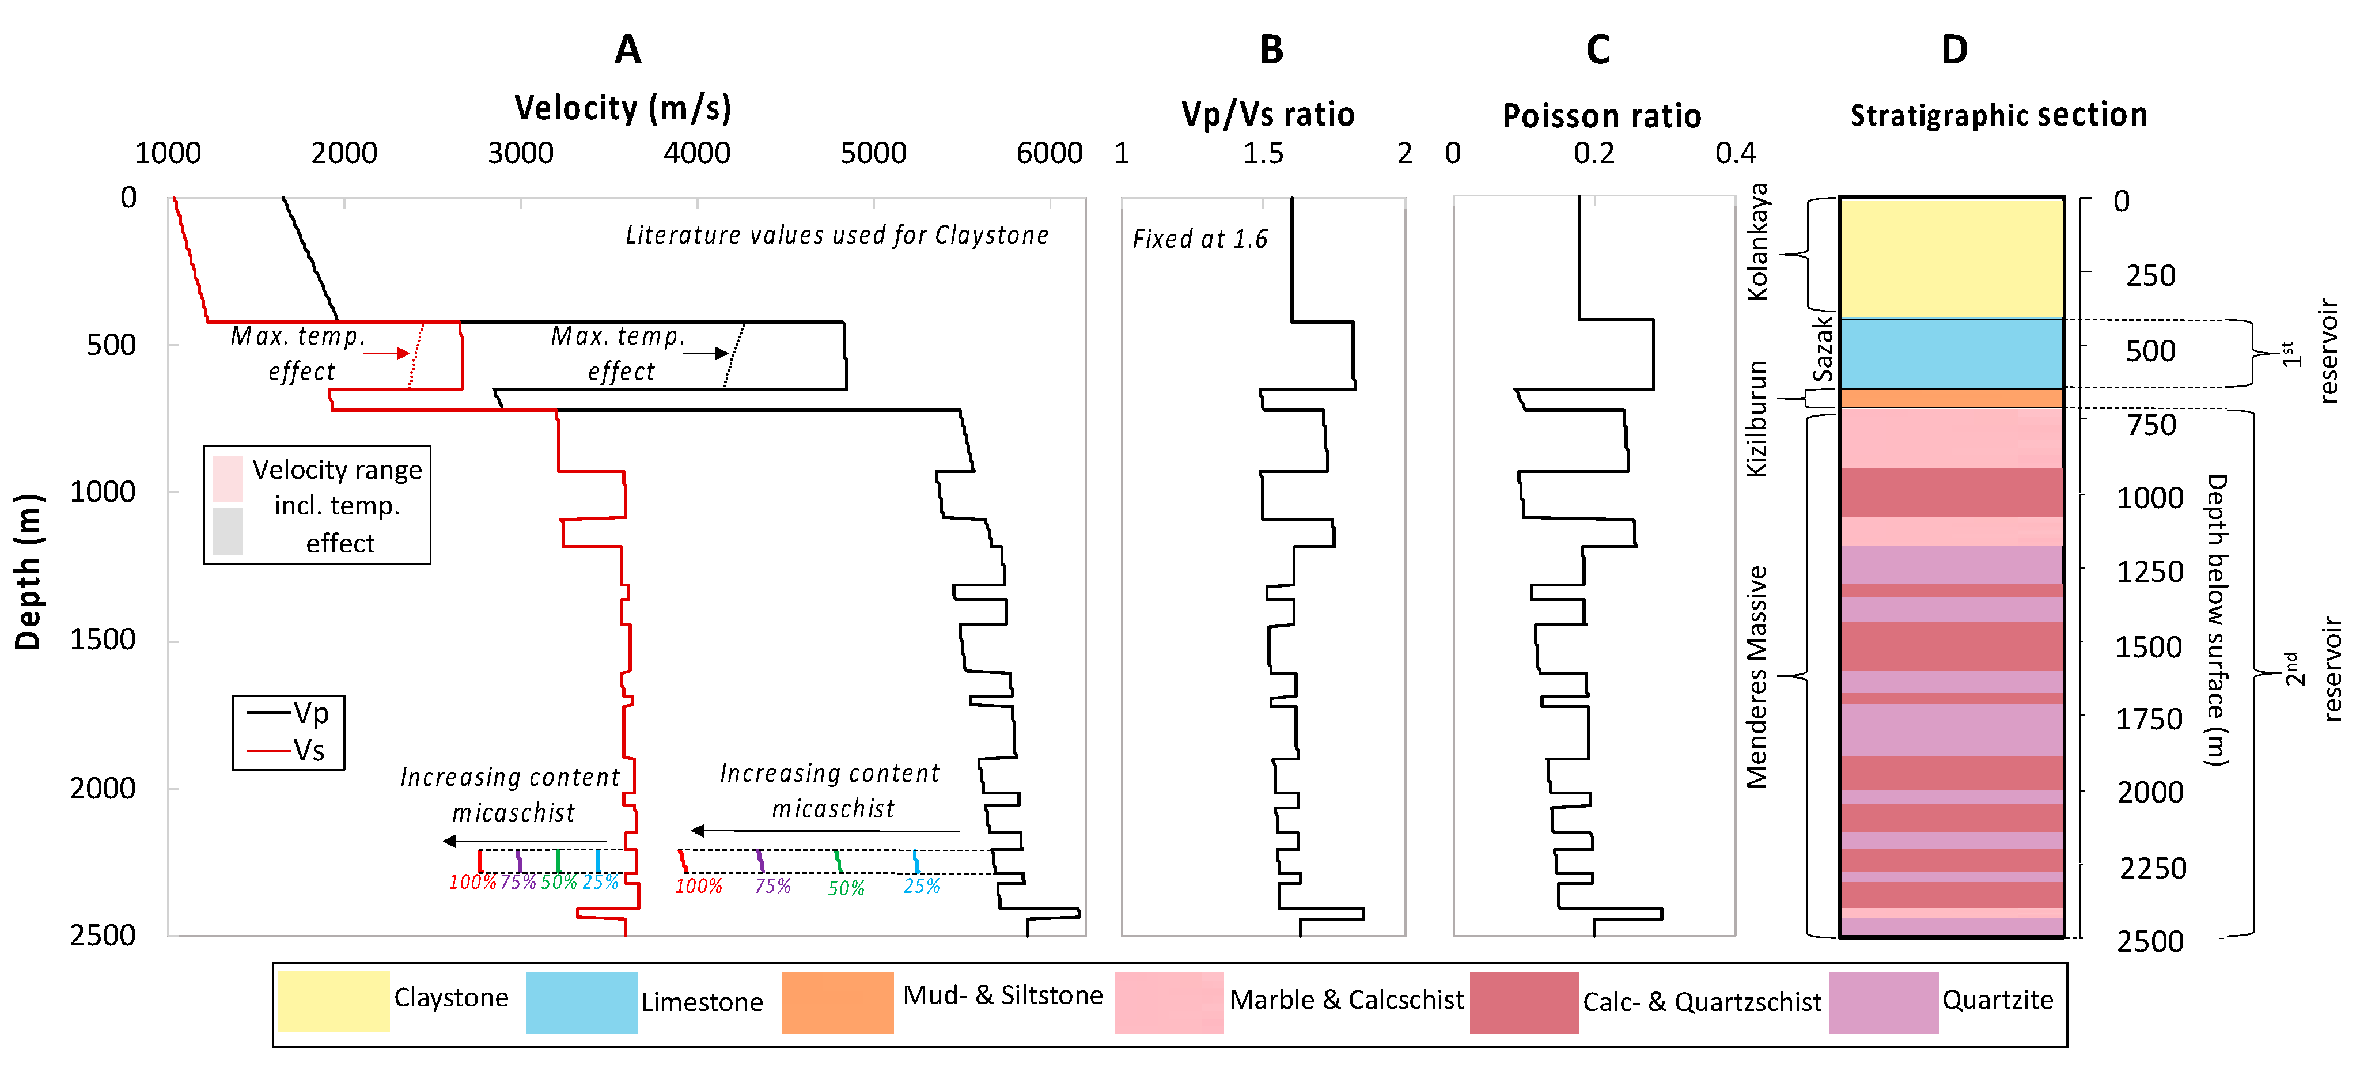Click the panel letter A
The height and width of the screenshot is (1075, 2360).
[x=627, y=50]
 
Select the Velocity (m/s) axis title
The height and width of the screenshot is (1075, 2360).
[x=623, y=108]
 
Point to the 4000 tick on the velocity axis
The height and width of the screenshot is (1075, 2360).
[x=696, y=153]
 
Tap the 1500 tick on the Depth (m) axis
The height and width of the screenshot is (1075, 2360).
[x=103, y=639]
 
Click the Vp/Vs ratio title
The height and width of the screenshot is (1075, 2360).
[x=1267, y=115]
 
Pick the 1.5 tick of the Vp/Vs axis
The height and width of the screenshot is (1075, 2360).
[x=1263, y=153]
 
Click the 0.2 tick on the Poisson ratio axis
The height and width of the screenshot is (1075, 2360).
[x=1593, y=153]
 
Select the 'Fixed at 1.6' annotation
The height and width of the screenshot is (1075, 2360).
[x=1199, y=239]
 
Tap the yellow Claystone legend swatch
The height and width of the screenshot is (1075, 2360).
[x=334, y=1001]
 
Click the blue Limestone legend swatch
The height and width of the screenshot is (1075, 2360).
[x=581, y=1002]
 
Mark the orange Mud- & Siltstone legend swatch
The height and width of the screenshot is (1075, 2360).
[x=838, y=1002]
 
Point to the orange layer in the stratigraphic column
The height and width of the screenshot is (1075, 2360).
[x=1952, y=399]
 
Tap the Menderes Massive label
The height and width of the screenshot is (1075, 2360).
[x=1756, y=676]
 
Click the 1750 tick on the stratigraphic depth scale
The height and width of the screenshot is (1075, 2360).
[x=2149, y=720]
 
